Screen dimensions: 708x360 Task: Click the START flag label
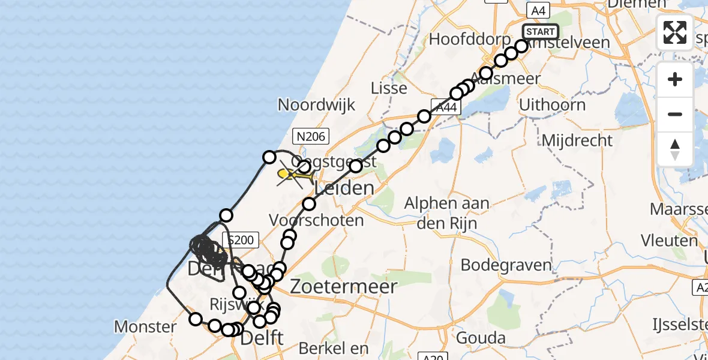coord(541,32)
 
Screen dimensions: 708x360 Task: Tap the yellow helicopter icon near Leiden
coord(291,175)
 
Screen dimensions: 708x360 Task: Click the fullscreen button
coord(675,32)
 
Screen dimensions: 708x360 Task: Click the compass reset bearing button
coord(675,150)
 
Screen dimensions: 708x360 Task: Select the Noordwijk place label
coord(316,105)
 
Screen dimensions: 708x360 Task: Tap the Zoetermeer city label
coord(343,286)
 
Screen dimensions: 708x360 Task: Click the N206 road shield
coord(310,137)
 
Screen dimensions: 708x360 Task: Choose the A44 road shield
coord(446,108)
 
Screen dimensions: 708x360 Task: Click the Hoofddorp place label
coord(460,40)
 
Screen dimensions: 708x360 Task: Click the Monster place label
coord(145,327)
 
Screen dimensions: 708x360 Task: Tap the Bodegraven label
coord(497,265)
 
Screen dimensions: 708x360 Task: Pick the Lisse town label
coord(389,88)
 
